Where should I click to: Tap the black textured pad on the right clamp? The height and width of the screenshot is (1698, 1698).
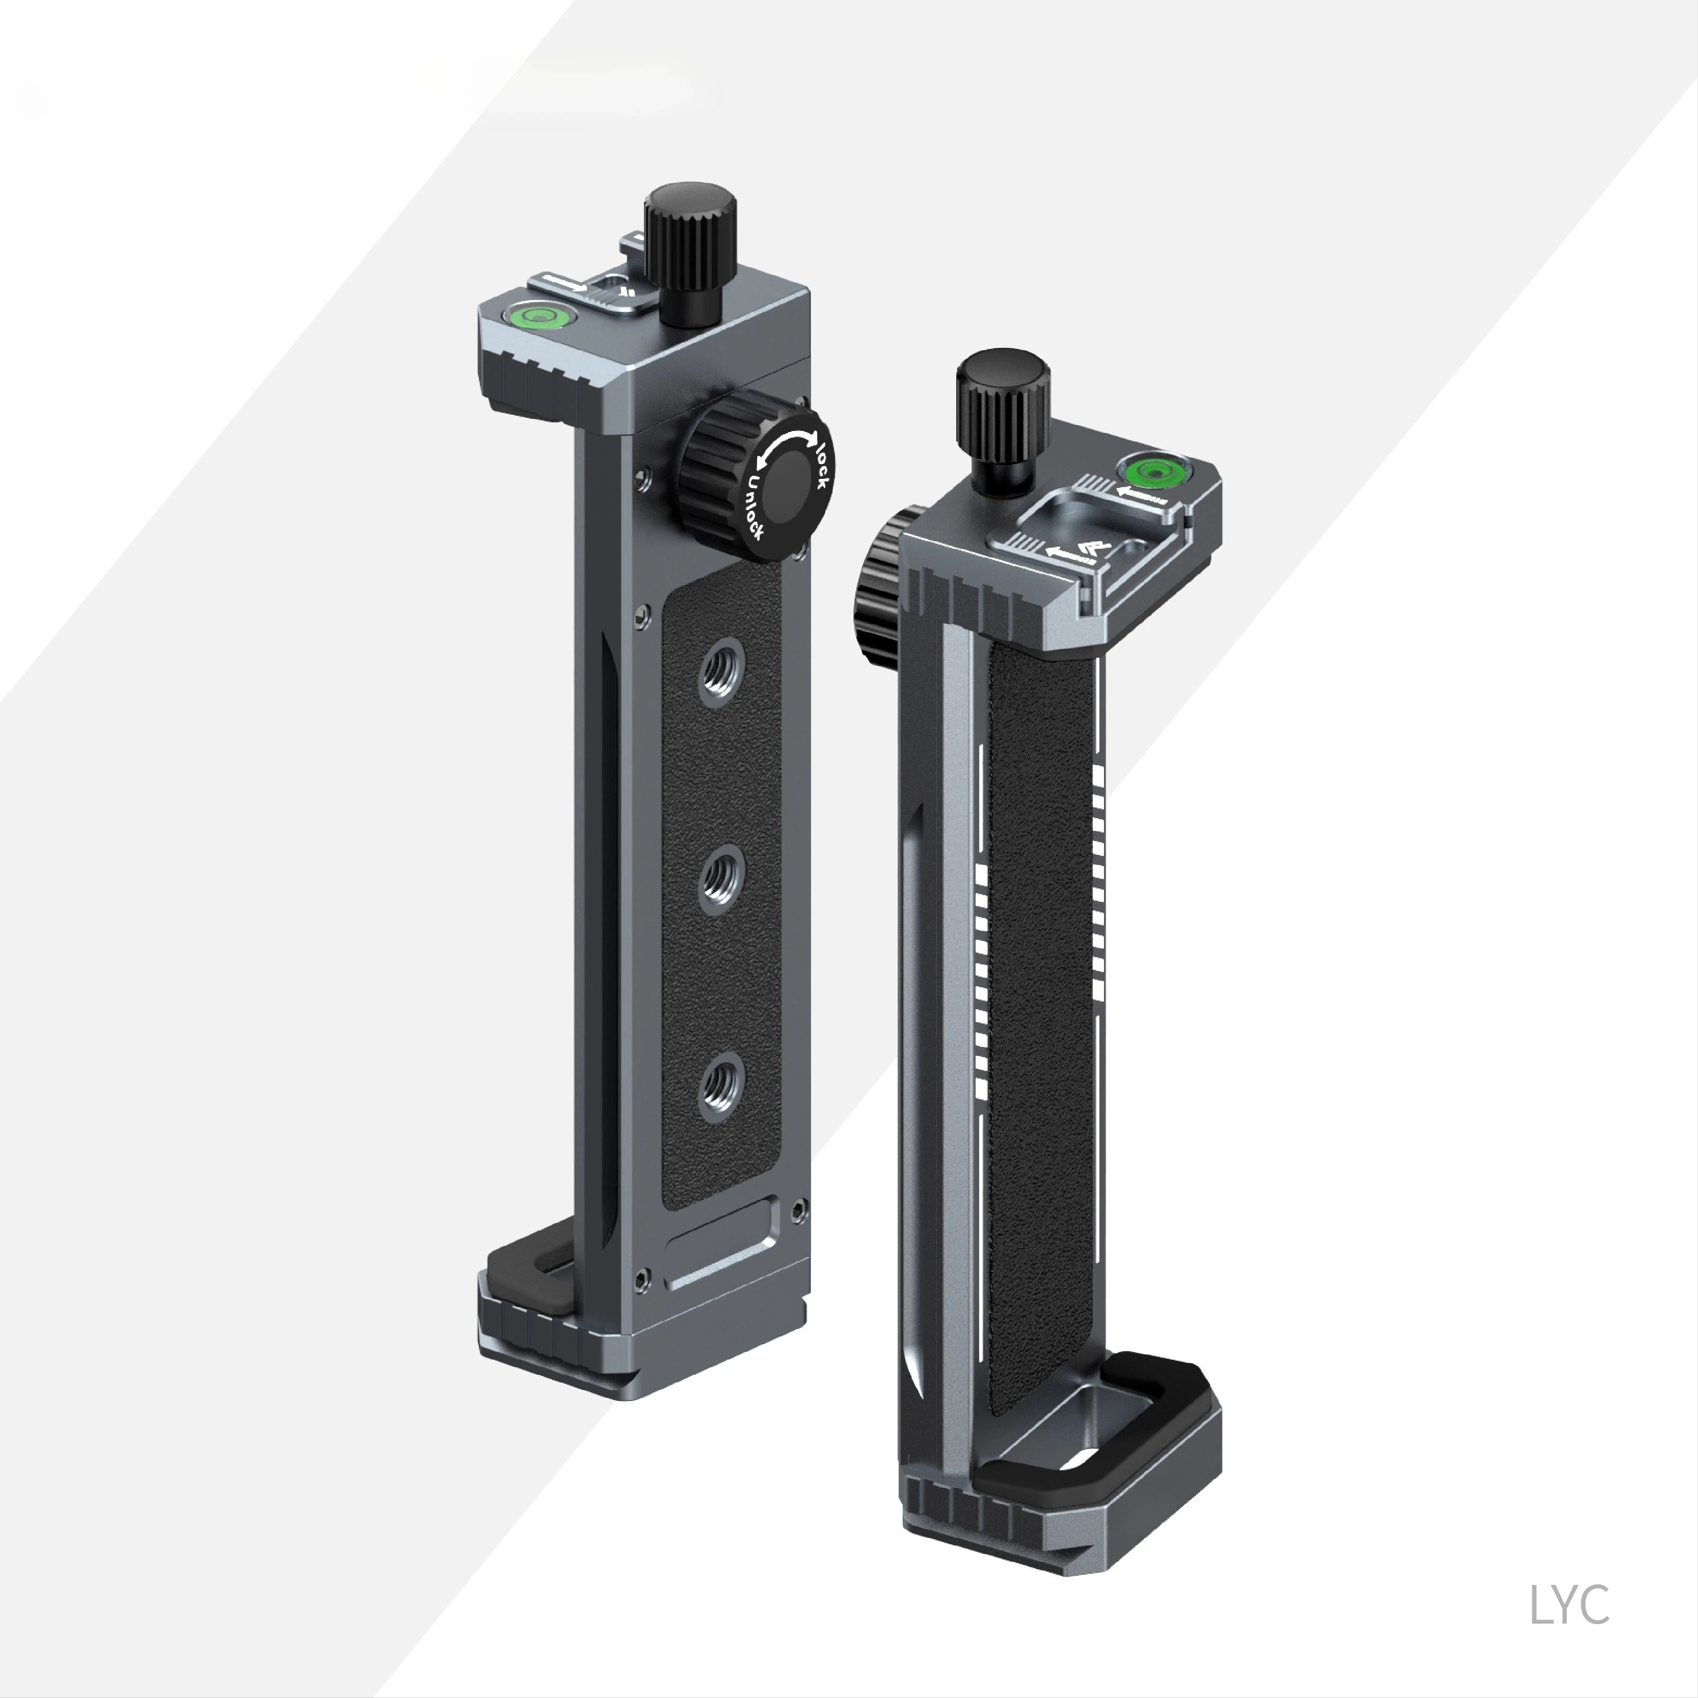click(1041, 984)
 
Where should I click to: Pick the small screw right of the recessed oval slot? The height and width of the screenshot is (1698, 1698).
click(796, 1210)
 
